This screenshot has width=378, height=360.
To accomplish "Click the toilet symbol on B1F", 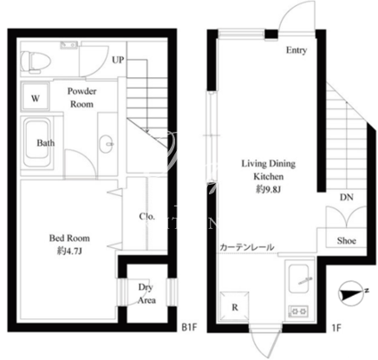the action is [x=36, y=62].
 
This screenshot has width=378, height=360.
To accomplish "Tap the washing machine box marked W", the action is [x=36, y=97].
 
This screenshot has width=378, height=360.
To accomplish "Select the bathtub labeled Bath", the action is [x=37, y=143].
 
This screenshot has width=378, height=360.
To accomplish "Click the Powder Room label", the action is [x=81, y=97].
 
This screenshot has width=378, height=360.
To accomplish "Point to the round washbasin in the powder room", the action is [x=107, y=144].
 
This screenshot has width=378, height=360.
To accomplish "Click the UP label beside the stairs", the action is [x=118, y=60].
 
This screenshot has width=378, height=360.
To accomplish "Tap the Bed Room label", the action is [x=69, y=239].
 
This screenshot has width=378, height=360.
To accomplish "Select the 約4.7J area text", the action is [x=69, y=251].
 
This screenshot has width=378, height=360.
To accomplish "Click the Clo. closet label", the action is [x=147, y=216].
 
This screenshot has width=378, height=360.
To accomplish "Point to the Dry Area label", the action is [x=147, y=293].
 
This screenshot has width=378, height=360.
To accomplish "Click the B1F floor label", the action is [x=189, y=328].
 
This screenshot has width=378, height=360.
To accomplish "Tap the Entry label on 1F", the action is [x=297, y=50].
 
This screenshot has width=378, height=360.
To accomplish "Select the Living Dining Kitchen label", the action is [x=269, y=170].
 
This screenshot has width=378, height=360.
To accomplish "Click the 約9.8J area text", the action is [x=269, y=189].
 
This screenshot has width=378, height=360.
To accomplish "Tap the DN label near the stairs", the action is [x=347, y=197].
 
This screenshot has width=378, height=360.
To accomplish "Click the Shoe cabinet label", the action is [x=346, y=240].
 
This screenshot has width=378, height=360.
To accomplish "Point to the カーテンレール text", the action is [x=247, y=247].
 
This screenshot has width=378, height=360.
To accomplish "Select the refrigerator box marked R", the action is [x=234, y=306].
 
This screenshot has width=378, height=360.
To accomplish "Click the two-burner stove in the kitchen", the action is [x=299, y=311].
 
